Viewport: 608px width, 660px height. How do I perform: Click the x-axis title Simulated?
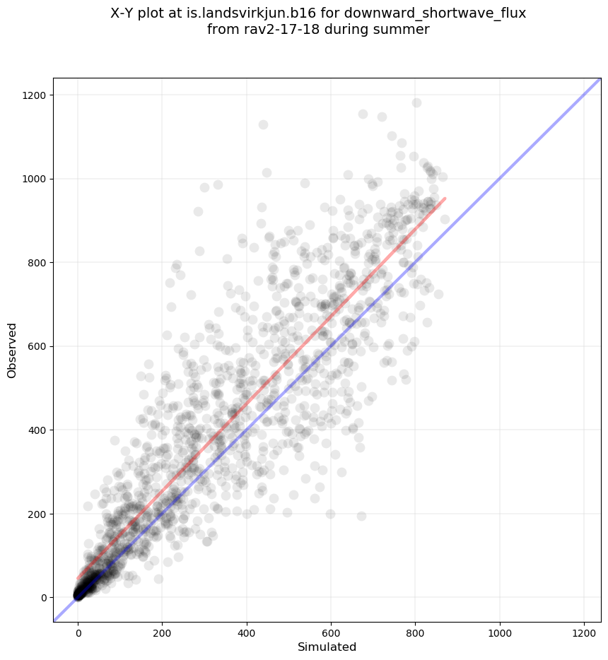[327, 647]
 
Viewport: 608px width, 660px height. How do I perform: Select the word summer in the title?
[404, 30]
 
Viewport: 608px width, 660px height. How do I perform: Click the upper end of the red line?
[445, 199]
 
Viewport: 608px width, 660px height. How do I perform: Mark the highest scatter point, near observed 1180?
[416, 103]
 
